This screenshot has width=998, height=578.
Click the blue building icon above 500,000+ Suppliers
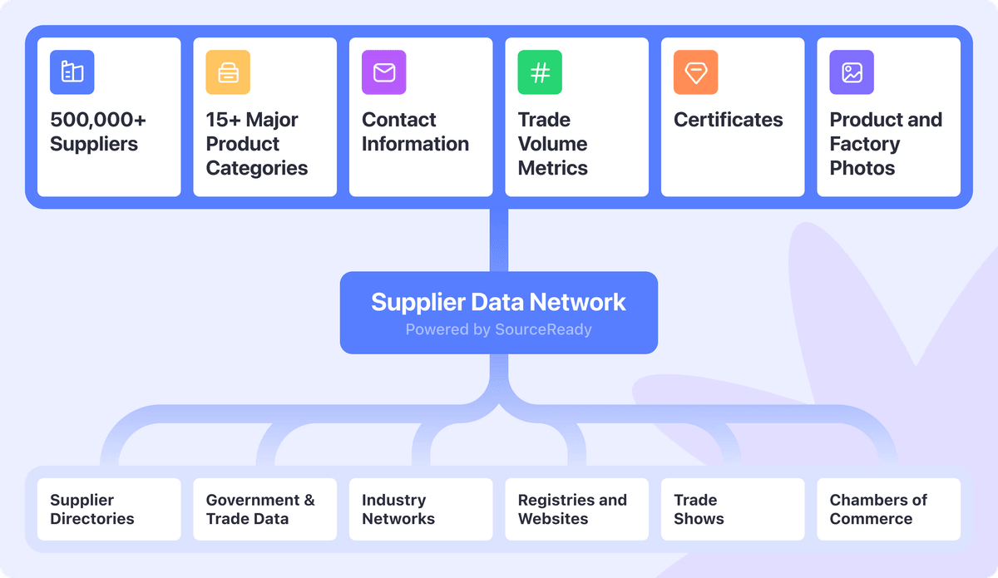(x=72, y=72)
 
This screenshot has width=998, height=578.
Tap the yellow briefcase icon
(x=228, y=72)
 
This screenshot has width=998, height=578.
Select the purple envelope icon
(x=384, y=72)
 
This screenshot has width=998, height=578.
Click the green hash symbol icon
(x=540, y=72)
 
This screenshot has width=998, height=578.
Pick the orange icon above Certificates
(x=696, y=72)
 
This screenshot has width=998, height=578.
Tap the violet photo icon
(x=852, y=72)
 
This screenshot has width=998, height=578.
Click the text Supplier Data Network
(x=498, y=302)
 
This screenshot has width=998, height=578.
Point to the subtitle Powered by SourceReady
(x=498, y=329)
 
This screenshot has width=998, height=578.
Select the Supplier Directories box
(x=109, y=509)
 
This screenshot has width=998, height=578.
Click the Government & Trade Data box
(x=264, y=509)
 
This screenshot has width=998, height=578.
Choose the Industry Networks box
(x=421, y=509)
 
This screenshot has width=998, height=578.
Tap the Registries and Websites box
(x=576, y=509)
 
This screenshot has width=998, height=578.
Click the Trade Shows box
(x=733, y=509)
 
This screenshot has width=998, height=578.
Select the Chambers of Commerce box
(x=888, y=509)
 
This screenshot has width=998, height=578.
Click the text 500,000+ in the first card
(x=98, y=120)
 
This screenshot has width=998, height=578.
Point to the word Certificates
(x=729, y=120)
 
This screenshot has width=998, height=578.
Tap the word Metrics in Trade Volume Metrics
(x=553, y=168)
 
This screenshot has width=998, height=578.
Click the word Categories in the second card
(x=257, y=168)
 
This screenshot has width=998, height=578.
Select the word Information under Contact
(x=415, y=144)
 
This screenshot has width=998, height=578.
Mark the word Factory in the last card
(x=865, y=144)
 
